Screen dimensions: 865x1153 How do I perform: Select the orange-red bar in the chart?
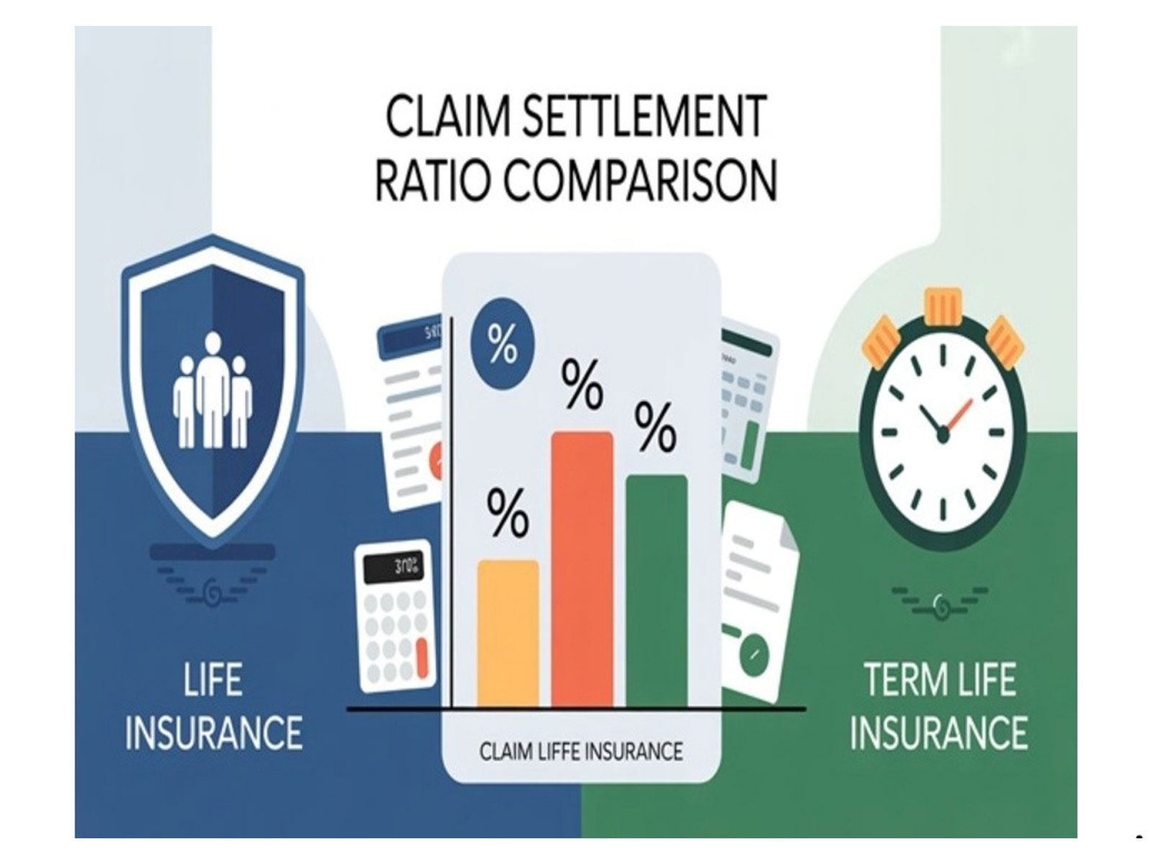tap(582, 569)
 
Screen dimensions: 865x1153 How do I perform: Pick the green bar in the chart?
tap(656, 591)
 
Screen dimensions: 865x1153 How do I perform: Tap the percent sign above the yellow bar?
tap(507, 513)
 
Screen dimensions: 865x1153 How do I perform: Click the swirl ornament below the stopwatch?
tap(940, 602)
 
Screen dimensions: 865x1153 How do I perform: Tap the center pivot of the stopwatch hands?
tap(942, 433)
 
